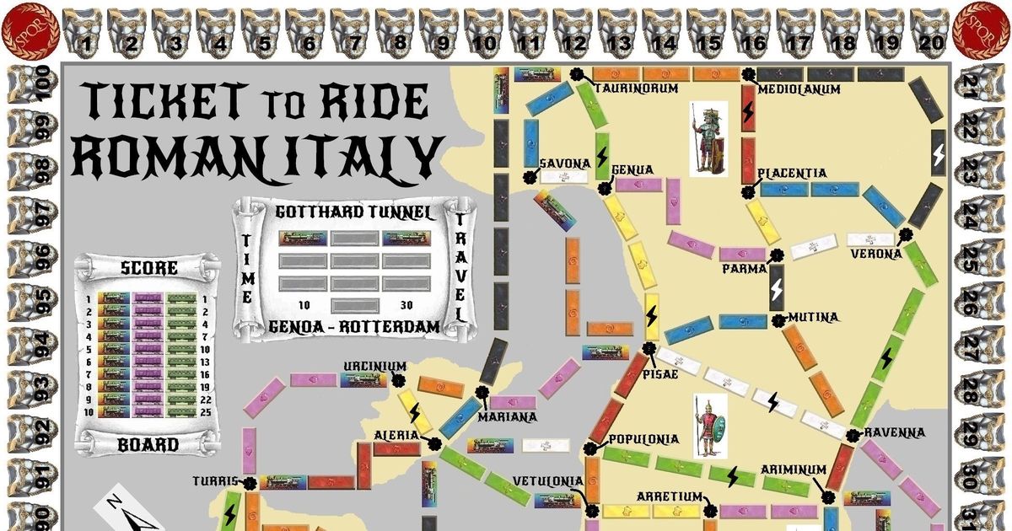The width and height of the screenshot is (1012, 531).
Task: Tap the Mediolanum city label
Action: [798, 89]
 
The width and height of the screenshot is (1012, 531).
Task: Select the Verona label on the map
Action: [875, 254]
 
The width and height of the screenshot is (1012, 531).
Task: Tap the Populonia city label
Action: [643, 439]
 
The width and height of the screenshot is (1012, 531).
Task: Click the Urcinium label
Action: [374, 367]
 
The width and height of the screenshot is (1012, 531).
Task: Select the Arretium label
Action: [669, 496]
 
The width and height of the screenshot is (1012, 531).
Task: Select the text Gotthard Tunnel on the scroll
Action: [354, 212]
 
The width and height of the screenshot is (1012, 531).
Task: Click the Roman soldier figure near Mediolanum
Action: [708, 139]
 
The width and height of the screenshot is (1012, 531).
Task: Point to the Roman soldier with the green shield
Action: [708, 426]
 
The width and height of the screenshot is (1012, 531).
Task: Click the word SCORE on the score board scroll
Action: [148, 269]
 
